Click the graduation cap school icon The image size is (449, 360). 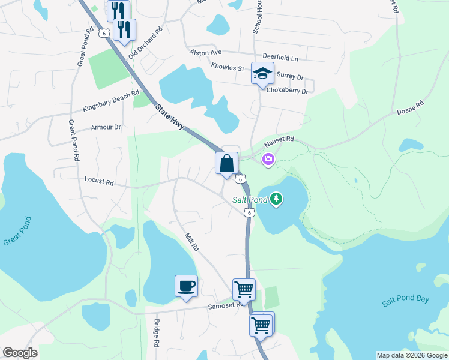pos(262,74)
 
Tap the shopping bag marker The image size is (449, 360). pos(227,163)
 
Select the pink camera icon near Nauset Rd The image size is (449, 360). pos(268,159)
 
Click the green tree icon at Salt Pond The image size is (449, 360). pos(276,198)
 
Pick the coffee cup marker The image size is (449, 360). pos(186,286)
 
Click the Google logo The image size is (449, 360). pos(20,353)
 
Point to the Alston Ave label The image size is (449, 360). pos(206,52)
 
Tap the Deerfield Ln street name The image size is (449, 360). pos(277,58)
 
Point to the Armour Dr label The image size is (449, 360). pos(106,127)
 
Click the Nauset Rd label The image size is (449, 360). pos(279,142)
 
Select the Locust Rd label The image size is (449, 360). pos(99,179)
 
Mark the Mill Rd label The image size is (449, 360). pos(192,242)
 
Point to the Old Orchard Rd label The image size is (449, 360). pos(146,43)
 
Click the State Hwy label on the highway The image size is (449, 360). pos(170,118)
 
